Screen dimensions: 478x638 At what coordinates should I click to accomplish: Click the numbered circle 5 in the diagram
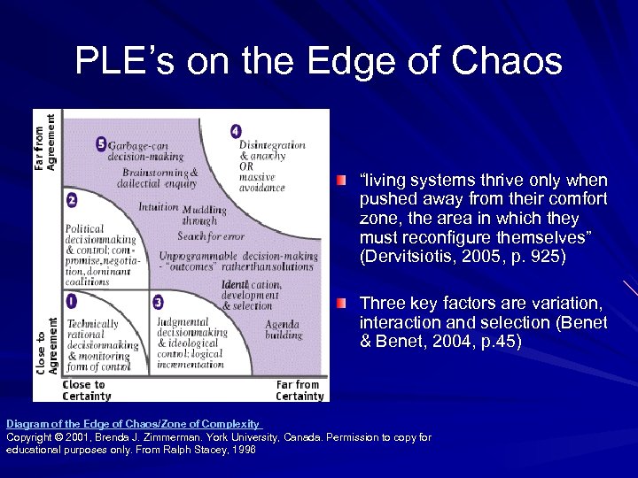point(101,143)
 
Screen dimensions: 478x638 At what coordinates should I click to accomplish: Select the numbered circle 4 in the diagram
point(235,131)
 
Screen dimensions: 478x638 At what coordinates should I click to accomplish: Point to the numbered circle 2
point(71,200)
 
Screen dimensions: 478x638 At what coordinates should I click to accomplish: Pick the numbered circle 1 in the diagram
point(71,301)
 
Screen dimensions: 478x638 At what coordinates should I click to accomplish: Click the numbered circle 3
point(158,302)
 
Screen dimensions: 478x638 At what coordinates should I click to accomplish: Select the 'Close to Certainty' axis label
point(84,390)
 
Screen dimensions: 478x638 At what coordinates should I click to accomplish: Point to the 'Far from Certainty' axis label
point(300,390)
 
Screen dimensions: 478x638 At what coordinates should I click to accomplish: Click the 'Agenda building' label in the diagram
point(284,329)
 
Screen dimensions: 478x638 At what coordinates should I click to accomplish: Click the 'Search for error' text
point(211,236)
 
